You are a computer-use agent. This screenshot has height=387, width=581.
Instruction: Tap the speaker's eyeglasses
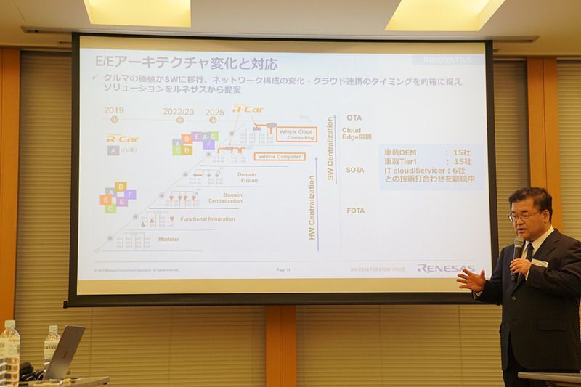[x=524, y=216]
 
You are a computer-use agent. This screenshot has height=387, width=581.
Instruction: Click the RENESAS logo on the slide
[x=445, y=269]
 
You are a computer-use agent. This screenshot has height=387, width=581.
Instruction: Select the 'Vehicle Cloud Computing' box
[x=296, y=134]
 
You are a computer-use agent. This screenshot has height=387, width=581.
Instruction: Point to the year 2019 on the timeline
[x=114, y=111]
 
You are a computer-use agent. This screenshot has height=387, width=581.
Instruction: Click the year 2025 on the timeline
[x=214, y=112]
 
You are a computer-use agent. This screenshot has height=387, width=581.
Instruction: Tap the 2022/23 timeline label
[x=179, y=111]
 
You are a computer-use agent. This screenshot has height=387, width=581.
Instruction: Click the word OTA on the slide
[x=354, y=118]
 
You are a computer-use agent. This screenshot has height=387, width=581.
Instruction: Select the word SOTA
[x=355, y=170]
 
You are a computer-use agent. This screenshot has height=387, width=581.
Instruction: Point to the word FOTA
[x=355, y=211]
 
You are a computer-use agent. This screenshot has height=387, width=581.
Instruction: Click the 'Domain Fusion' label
[x=247, y=176]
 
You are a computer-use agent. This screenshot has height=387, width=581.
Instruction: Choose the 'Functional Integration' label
[x=207, y=219]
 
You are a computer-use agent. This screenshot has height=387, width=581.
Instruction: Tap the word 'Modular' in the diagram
[x=168, y=239]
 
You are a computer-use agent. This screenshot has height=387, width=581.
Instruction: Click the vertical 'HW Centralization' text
[x=312, y=207]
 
